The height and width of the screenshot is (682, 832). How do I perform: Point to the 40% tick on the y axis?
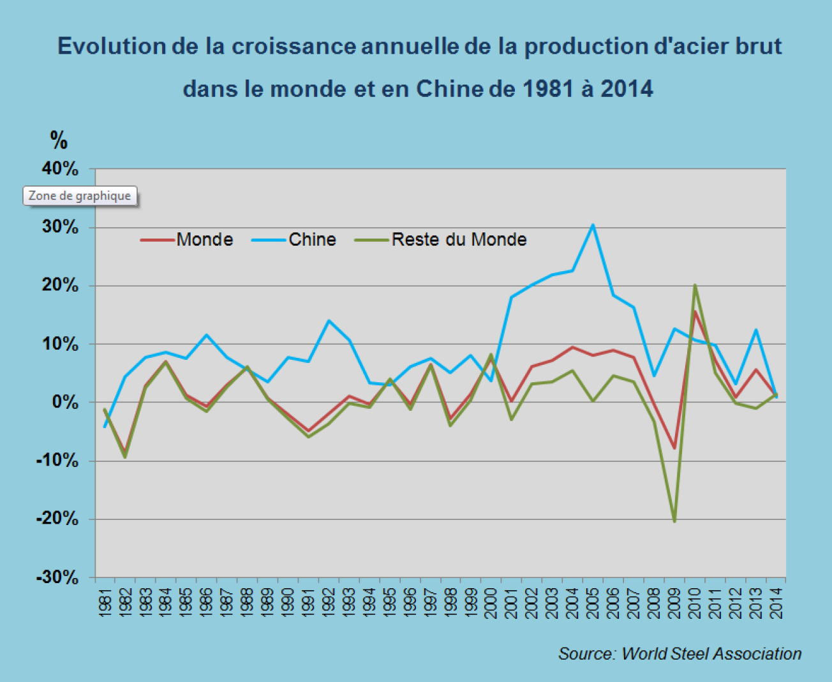click(x=60, y=169)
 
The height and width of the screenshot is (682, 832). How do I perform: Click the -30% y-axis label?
click(x=57, y=577)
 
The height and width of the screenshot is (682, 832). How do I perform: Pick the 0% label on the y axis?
click(x=65, y=403)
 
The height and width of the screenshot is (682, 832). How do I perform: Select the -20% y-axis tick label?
click(x=57, y=519)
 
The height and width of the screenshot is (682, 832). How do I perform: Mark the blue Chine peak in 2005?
click(x=593, y=225)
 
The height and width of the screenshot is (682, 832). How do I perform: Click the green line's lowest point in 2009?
click(x=674, y=521)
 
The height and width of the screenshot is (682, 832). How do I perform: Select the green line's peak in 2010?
click(x=695, y=285)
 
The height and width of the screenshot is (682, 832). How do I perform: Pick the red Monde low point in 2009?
click(x=674, y=448)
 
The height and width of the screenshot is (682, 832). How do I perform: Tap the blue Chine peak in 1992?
click(x=329, y=320)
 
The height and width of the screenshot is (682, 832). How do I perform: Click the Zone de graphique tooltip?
click(x=80, y=196)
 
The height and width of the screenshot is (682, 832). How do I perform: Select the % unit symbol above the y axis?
click(x=59, y=140)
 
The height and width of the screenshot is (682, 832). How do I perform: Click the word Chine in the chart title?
click(x=450, y=89)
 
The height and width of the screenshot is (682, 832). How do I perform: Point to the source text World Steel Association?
click(x=711, y=654)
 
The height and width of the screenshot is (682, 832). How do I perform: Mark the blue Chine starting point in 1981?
click(x=105, y=427)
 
